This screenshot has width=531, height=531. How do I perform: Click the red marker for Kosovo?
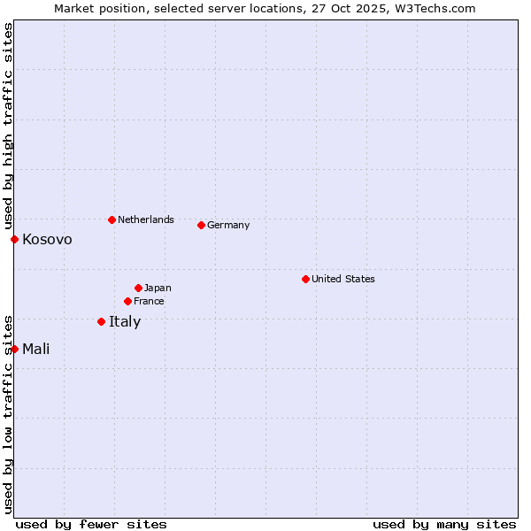14,239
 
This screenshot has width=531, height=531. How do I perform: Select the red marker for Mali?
14,349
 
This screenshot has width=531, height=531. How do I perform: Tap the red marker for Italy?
101,321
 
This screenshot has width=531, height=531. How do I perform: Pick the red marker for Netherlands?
112,219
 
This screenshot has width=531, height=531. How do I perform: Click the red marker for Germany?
201,225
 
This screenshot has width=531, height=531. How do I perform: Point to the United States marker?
305,279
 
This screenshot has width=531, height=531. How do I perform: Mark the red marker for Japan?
138,288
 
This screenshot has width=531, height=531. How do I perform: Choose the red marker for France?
127,301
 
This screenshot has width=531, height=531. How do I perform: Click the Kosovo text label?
47,240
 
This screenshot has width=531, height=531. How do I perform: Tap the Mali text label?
35,349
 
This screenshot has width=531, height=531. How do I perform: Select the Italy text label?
125,321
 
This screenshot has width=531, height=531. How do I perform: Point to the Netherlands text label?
146,219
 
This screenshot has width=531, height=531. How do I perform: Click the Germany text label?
228,225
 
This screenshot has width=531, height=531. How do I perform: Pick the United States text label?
343,279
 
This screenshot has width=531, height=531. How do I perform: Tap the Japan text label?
158,288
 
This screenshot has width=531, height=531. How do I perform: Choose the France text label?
149,301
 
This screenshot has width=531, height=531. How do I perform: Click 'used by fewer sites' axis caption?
91,524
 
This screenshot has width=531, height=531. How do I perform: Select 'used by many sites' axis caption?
444,524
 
